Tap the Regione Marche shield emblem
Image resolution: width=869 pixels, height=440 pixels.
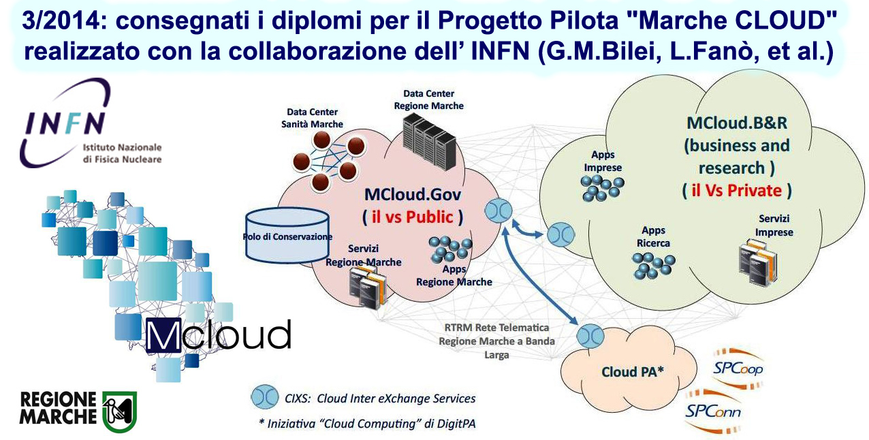click(x=120, y=411)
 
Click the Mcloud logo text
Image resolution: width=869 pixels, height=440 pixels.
click(x=219, y=336)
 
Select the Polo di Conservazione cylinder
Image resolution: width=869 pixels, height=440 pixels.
click(x=287, y=235)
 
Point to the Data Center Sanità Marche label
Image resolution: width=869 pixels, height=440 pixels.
click(x=312, y=118)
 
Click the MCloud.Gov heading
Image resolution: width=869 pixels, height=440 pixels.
click(x=412, y=195)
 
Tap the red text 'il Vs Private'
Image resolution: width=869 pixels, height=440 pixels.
click(x=736, y=191)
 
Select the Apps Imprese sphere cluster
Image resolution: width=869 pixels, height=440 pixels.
click(x=602, y=187)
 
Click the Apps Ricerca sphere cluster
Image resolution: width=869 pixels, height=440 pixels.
click(x=653, y=266)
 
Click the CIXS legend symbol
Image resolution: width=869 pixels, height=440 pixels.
click(x=264, y=398)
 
